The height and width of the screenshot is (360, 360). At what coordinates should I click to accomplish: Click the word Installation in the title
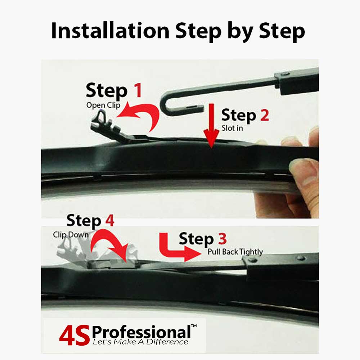[x=110, y=31]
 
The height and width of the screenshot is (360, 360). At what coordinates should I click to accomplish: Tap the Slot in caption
[x=232, y=127]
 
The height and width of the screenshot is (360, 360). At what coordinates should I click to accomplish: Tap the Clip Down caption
[x=71, y=235]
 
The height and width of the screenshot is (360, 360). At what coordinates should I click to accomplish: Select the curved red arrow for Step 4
[x=110, y=247]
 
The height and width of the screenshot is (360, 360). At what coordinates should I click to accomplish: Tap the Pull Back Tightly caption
[x=235, y=252]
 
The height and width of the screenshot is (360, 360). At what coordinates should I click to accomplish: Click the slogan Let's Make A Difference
[x=140, y=342]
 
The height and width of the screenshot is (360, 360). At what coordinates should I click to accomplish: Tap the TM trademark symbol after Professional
[x=194, y=326]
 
